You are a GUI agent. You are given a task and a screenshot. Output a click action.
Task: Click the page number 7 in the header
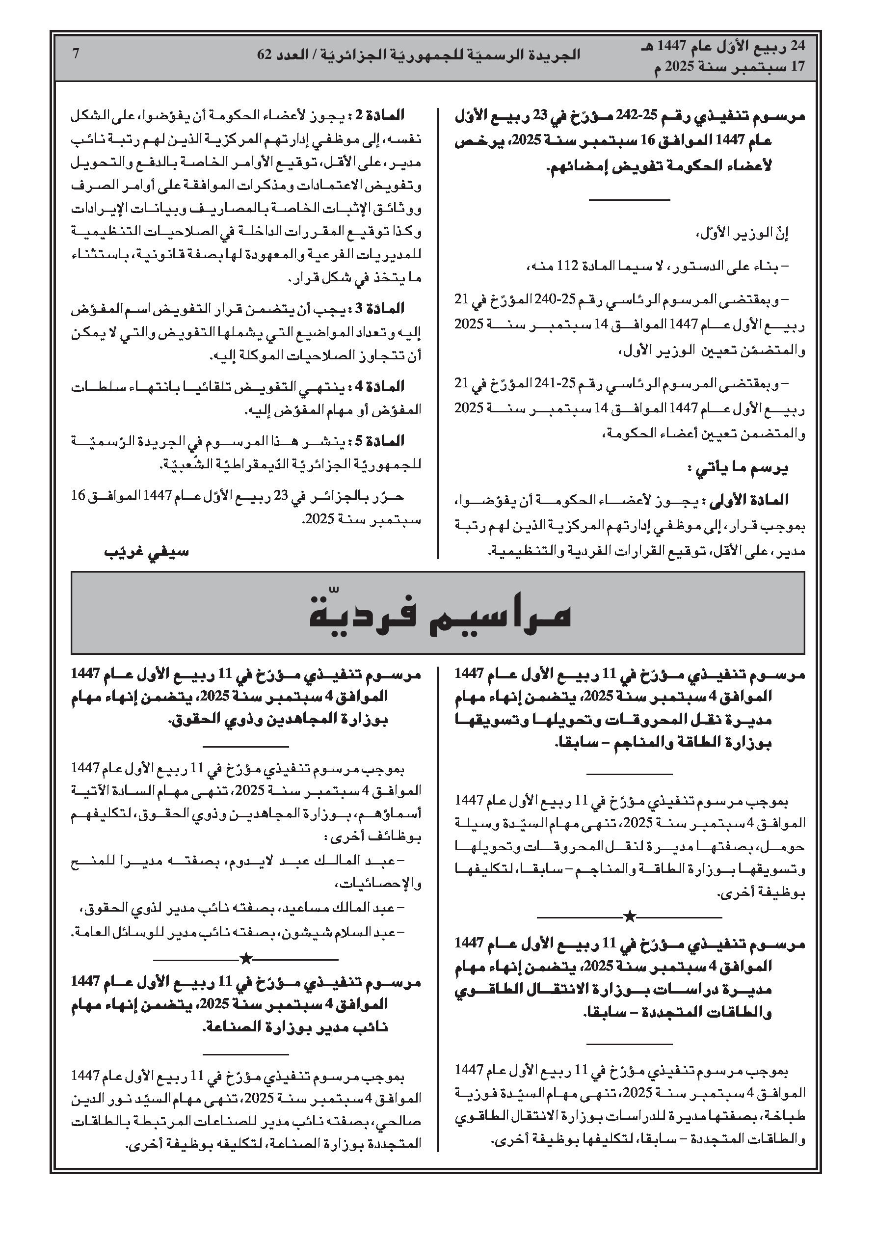76,54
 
